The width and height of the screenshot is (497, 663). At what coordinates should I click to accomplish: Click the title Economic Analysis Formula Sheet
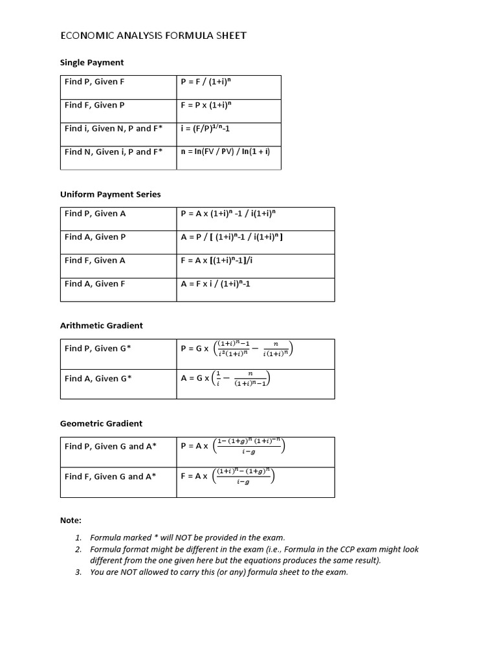point(153,36)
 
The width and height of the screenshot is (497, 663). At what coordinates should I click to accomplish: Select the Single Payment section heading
point(91,63)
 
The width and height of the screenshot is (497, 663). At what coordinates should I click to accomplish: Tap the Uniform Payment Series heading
point(110,194)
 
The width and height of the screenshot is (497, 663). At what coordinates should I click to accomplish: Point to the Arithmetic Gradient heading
point(101,326)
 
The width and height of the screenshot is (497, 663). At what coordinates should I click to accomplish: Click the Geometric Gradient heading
point(101,423)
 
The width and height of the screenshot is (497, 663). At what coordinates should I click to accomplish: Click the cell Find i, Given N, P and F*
point(113,128)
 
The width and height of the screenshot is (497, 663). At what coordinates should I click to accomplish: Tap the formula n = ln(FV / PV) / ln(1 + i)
point(225,152)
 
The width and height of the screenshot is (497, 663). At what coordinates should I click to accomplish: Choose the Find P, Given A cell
point(95,213)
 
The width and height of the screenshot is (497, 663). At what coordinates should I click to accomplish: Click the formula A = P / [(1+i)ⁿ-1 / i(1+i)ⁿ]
point(232,237)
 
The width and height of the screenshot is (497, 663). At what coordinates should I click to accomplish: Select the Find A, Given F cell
point(94,284)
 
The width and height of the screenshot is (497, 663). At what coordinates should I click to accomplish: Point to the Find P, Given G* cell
point(98,348)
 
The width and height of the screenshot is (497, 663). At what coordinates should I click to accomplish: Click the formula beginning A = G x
point(225,378)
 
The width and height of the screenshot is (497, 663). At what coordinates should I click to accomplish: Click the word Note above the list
point(71,521)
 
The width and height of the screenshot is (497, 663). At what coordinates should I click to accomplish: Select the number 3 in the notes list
point(78,572)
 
